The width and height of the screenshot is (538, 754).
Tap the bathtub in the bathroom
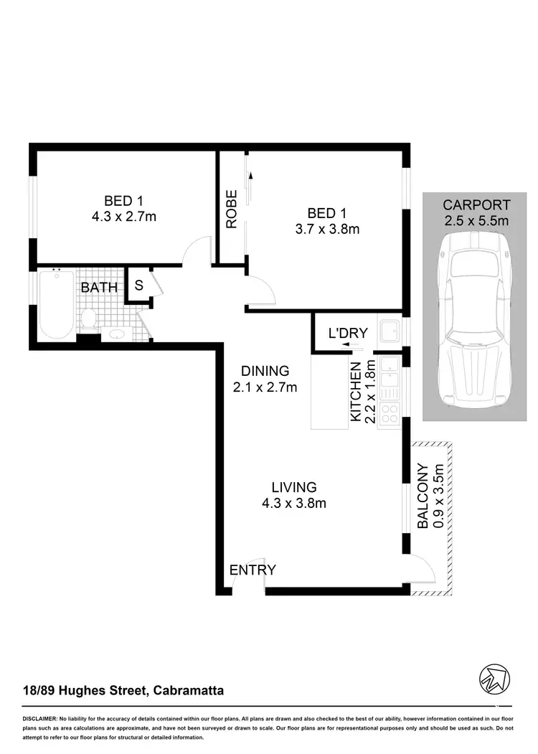[x=56, y=305]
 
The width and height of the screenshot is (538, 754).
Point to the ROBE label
[x=232, y=209]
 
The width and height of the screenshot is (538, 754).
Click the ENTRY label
[x=253, y=570]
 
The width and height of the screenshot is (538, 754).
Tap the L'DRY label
[x=347, y=333]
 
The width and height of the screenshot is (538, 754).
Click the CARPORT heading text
[x=476, y=204]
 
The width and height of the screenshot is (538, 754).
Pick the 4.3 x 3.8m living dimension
[x=294, y=503]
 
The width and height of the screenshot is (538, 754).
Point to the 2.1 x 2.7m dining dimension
[x=265, y=387]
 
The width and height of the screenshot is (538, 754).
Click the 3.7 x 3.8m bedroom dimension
[x=326, y=230]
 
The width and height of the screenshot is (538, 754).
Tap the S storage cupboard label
[x=139, y=284]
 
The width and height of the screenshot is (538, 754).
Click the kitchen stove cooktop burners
[x=391, y=413]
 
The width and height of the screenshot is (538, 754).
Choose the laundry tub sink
[x=391, y=331]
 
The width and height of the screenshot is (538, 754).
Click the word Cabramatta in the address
[x=189, y=692]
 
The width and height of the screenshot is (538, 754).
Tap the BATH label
[x=99, y=288]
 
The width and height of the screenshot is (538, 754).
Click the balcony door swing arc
[x=425, y=572]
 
